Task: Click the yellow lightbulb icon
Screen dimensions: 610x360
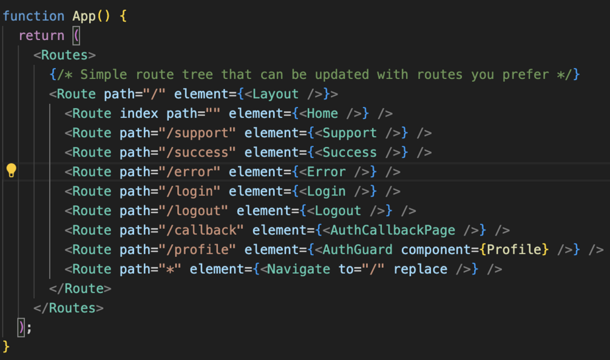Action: pyautogui.click(x=12, y=171)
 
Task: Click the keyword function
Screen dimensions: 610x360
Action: pyautogui.click(x=33, y=16)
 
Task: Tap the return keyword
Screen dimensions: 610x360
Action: pyautogui.click(x=42, y=35)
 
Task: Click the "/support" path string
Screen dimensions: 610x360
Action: pyautogui.click(x=197, y=133)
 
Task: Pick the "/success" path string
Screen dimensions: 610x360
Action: pyautogui.click(x=197, y=152)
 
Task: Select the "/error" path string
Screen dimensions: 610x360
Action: pyautogui.click(x=189, y=172)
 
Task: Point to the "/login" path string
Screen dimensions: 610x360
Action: pyautogui.click(x=189, y=191)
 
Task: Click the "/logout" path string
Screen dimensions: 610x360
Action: pyautogui.click(x=194, y=211)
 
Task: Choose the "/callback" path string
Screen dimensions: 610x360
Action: pyautogui.click(x=201, y=230)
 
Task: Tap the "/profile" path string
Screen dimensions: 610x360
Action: pyautogui.click(x=197, y=250)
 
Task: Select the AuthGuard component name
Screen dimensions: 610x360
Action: pyautogui.click(x=358, y=250)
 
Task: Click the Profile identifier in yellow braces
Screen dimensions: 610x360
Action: pyautogui.click(x=514, y=250)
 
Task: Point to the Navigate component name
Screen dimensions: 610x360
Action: pyautogui.click(x=299, y=270)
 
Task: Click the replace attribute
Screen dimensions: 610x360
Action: pyautogui.click(x=420, y=270)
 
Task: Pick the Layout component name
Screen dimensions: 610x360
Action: pyautogui.click(x=276, y=94)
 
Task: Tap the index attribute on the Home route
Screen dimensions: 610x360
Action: pyautogui.click(x=139, y=114)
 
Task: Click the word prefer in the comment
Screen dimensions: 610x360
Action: pyautogui.click(x=526, y=75)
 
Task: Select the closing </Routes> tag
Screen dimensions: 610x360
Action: pyautogui.click(x=69, y=308)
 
